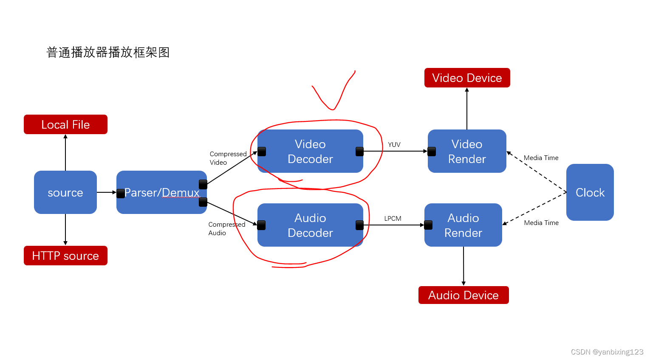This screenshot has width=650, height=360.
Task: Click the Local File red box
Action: [x=65, y=124]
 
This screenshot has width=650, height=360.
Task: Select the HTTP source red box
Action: [x=65, y=256]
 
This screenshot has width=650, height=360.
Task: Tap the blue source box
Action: [x=65, y=192]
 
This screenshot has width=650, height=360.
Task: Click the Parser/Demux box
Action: [x=161, y=192]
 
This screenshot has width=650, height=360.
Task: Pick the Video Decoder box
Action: [x=310, y=151]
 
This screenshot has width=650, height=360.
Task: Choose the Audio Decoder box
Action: [x=310, y=225]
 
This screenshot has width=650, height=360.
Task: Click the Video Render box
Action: [x=467, y=151]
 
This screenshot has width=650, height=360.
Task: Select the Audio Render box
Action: [x=463, y=225]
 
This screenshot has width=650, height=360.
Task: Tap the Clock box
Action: [x=590, y=192]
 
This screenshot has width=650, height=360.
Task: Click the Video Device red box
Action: [x=467, y=78]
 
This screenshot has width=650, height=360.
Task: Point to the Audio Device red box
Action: [x=463, y=295]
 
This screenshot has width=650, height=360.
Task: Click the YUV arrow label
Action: [x=394, y=145]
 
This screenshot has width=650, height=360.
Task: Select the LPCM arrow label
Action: [x=393, y=219]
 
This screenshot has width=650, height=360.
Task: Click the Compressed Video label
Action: [x=228, y=158]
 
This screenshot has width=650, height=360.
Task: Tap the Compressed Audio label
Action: [x=226, y=228]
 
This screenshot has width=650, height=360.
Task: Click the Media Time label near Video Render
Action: [x=541, y=158]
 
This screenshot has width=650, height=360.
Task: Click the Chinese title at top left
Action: [x=108, y=52]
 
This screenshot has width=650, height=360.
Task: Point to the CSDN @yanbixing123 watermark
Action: [x=607, y=352]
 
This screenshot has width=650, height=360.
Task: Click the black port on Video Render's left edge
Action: [x=432, y=151]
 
